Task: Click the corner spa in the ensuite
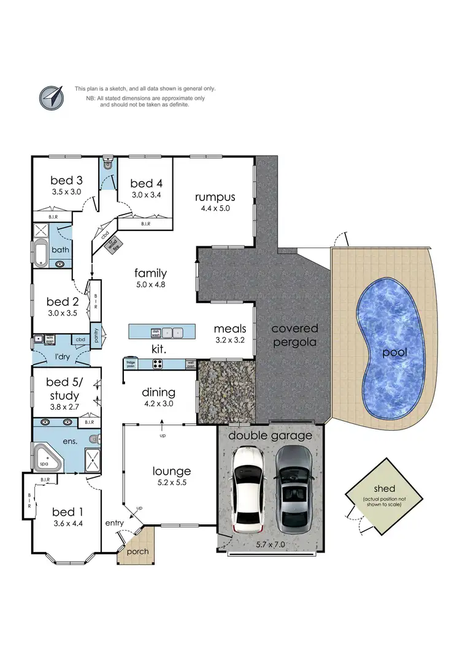[45, 458]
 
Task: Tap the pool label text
[395, 352]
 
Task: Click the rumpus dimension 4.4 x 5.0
[215, 208]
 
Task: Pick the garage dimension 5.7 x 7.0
[270, 543]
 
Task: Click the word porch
[137, 551]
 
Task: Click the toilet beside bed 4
[109, 164]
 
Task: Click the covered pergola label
[295, 335]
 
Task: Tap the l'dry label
[61, 357]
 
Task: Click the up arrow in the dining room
[162, 425]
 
